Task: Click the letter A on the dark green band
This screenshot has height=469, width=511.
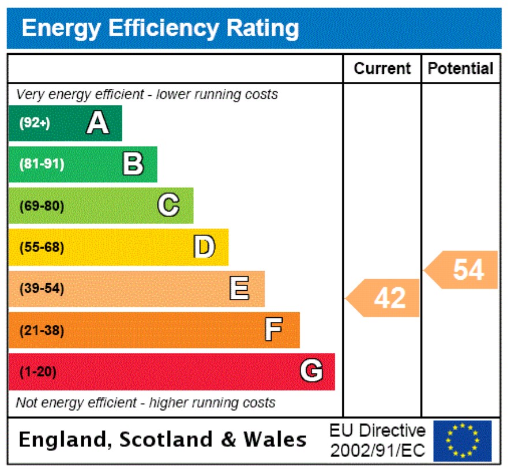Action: (97, 123)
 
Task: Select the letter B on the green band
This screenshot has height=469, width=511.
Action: (133, 164)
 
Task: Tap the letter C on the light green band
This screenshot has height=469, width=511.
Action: (168, 205)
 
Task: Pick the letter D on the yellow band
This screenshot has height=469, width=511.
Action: (204, 247)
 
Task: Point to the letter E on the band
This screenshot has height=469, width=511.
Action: (239, 288)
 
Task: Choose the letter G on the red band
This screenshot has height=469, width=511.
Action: (311, 372)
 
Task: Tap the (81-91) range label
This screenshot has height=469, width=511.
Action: (42, 164)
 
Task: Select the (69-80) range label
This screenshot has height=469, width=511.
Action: (42, 206)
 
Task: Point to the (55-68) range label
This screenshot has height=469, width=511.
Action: (42, 247)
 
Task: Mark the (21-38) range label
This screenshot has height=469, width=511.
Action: (42, 331)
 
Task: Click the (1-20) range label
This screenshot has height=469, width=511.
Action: (38, 372)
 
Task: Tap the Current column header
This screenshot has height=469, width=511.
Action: (382, 69)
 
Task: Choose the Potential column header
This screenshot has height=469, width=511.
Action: (461, 69)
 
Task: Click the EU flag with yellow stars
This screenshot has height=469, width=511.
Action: (463, 441)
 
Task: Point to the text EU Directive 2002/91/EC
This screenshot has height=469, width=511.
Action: (377, 441)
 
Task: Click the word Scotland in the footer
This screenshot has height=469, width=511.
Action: (167, 440)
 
